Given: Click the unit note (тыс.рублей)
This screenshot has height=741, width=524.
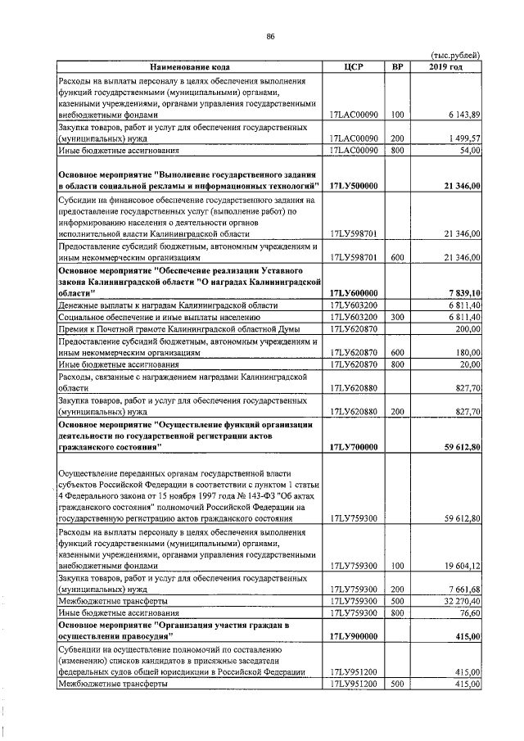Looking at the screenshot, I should [x=454, y=54].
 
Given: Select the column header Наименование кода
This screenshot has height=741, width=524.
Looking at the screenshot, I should [x=190, y=66].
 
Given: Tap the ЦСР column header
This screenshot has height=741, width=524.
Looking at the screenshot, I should [x=354, y=66].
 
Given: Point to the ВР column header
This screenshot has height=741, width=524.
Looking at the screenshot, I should [x=398, y=66].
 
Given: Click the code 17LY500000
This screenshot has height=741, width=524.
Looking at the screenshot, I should [x=354, y=187].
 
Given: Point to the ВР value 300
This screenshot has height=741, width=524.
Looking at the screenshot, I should [x=398, y=316].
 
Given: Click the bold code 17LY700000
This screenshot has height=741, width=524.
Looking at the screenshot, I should [x=354, y=447].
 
